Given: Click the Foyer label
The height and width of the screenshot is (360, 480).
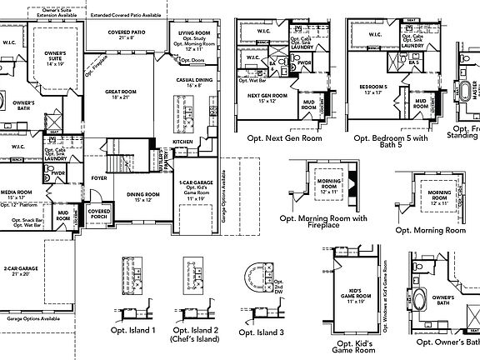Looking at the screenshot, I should [x=99, y=177].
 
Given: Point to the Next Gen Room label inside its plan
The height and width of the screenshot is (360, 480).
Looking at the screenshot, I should [x=267, y=98].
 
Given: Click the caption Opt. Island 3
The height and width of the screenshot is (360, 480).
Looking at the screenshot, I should [x=261, y=332].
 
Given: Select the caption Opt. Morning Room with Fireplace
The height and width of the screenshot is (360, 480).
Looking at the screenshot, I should [x=322, y=223].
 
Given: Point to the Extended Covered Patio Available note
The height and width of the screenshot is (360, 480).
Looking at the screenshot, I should [x=127, y=16].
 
